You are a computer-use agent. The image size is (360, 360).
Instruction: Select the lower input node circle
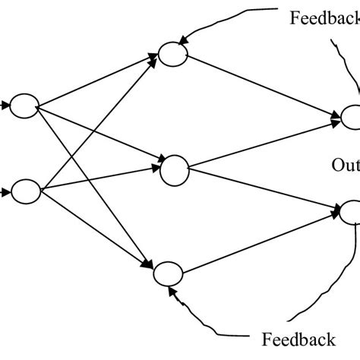(25, 190)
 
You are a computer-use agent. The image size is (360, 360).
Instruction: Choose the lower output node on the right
(351, 212)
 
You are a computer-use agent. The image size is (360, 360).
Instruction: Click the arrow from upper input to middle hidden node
(99, 134)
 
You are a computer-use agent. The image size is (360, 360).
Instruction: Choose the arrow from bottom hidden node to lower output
(258, 243)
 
